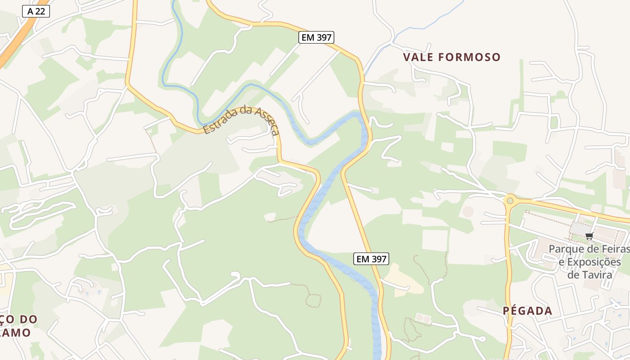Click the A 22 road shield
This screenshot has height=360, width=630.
pyautogui.click(x=36, y=11)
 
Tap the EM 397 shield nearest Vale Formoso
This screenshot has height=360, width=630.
pyautogui.click(x=317, y=37)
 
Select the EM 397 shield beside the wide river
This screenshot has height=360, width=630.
pyautogui.click(x=371, y=259)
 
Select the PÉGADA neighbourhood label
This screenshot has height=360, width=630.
pyautogui.click(x=527, y=311)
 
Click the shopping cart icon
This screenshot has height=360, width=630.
pyautogui.click(x=589, y=236)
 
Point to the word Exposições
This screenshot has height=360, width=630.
pyautogui.click(x=594, y=262)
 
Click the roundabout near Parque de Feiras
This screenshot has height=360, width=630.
pyautogui.click(x=510, y=200)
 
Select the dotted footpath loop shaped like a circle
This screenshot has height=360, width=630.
pyautogui.click(x=313, y=300)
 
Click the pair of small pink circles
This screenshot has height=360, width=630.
pyautogui.click(x=423, y=318)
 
